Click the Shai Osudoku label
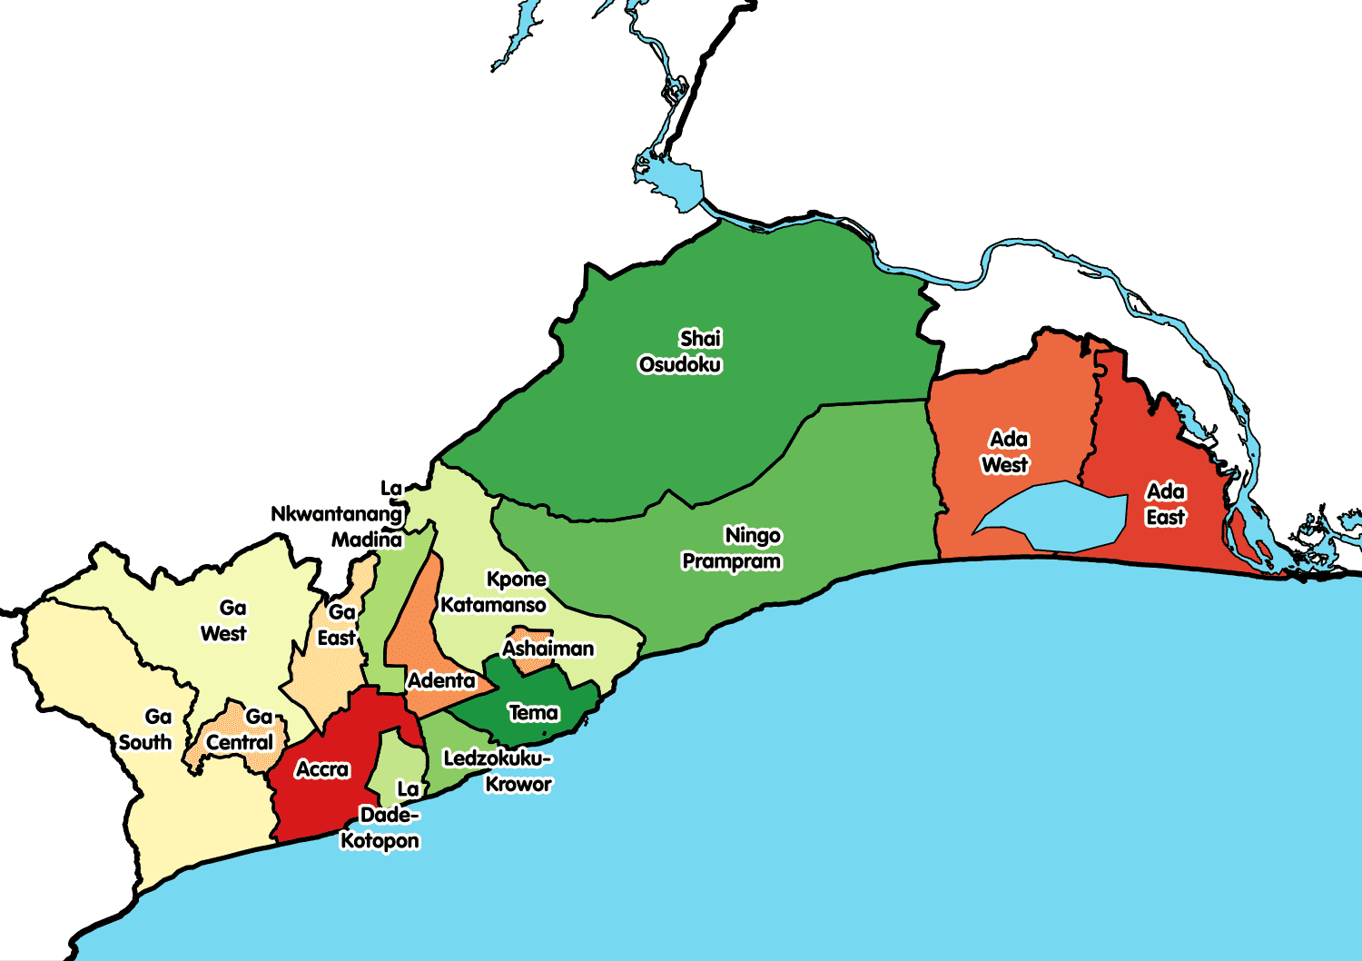tap(681, 352)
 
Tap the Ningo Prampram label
tap(733, 549)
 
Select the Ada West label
tap(1006, 452)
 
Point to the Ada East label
tap(1166, 505)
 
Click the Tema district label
tap(534, 713)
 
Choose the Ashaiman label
tap(548, 649)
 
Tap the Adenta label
tap(441, 680)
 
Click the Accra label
tap(322, 770)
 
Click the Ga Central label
tap(242, 730)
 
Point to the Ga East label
tap(337, 625)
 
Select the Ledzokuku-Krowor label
tap(498, 771)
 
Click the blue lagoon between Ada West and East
tap(1053, 518)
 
